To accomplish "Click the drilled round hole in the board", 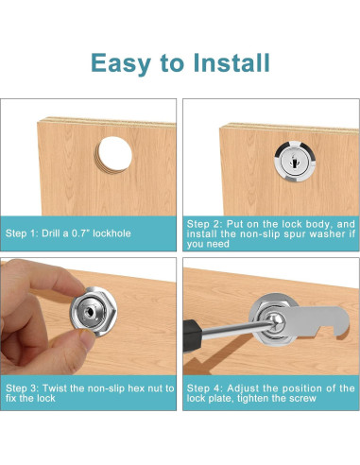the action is (x=114, y=154).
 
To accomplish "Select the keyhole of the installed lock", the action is (x=294, y=162).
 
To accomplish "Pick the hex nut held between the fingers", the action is (x=94, y=312).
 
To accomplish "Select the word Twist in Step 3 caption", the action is (x=55, y=388).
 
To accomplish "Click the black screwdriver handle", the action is (x=192, y=336).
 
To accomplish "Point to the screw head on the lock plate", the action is (x=277, y=321).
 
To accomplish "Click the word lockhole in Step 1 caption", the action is (x=111, y=233).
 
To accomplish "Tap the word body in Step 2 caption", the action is (x=317, y=225).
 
